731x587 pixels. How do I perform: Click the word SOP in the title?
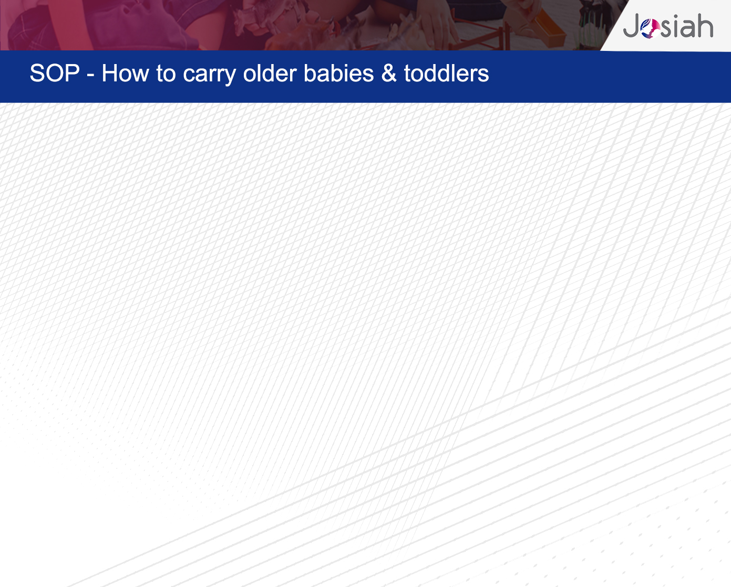(x=55, y=73)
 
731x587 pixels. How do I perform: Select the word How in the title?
(x=126, y=73)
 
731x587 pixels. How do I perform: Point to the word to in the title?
(x=166, y=74)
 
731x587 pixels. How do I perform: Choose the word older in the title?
(x=270, y=73)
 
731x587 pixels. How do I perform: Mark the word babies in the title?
(x=338, y=73)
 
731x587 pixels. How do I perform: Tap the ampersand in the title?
(x=389, y=73)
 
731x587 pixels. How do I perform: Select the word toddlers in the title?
(x=446, y=73)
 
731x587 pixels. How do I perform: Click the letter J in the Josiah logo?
(x=632, y=26)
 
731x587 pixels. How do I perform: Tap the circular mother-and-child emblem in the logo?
(x=651, y=28)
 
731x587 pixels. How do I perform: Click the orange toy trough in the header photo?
(x=547, y=25)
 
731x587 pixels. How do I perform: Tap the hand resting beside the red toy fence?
(x=438, y=20)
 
